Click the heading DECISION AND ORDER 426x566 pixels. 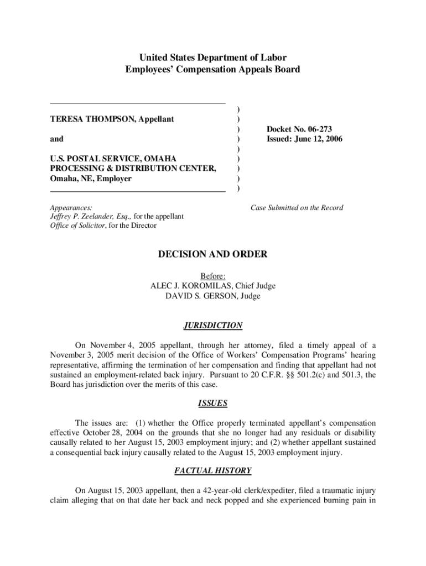(213, 254)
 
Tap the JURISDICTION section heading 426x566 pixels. (213, 326)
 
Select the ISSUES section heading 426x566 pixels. (213, 403)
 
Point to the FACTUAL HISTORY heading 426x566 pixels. (213, 471)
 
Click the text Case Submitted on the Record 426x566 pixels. (297, 208)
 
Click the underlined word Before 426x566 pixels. (213, 276)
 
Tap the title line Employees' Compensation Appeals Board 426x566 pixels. (213, 69)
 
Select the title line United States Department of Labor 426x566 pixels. (213, 57)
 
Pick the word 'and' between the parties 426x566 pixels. (56, 139)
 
